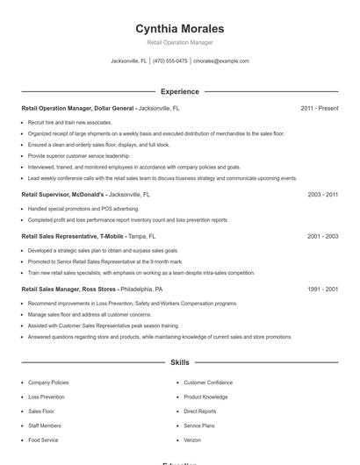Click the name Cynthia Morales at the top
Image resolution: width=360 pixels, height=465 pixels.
point(180,28)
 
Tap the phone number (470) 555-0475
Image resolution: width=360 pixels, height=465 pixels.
point(170,61)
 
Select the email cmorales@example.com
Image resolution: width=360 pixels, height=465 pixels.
point(220,61)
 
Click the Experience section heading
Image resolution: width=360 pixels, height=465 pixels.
point(180,91)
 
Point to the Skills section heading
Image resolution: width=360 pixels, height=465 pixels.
point(180,361)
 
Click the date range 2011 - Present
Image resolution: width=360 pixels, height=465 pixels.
point(319,108)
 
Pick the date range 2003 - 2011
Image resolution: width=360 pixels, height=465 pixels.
point(322,194)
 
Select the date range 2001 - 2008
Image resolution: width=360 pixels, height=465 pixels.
point(322,236)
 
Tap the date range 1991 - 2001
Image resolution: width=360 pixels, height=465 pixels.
point(322,289)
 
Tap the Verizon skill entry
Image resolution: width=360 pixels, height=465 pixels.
point(192,439)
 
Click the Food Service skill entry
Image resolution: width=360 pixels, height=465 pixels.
point(43,439)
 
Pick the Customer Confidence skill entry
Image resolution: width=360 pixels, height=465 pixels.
point(208,383)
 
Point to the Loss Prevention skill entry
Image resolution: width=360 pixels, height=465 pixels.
point(47,397)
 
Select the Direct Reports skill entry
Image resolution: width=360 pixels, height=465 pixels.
point(200,411)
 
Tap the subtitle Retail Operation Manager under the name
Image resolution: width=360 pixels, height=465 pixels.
point(180,42)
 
